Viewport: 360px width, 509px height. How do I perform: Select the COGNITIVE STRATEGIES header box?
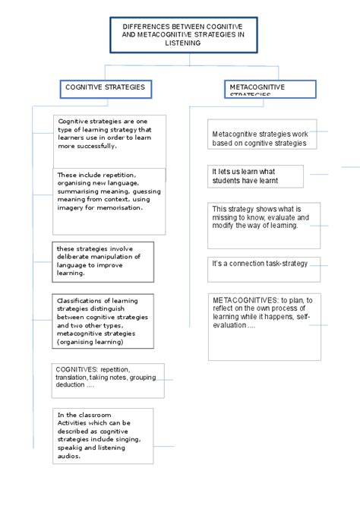106,88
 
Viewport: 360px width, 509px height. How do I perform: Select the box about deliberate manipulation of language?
103,261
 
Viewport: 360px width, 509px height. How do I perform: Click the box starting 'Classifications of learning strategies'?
103,322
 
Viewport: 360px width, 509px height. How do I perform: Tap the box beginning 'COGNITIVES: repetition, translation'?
108,380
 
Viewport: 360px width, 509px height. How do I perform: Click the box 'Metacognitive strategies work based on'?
260,138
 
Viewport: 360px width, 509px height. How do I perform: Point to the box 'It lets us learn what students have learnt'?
255,176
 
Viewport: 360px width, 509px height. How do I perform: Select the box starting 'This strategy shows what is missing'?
264,224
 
